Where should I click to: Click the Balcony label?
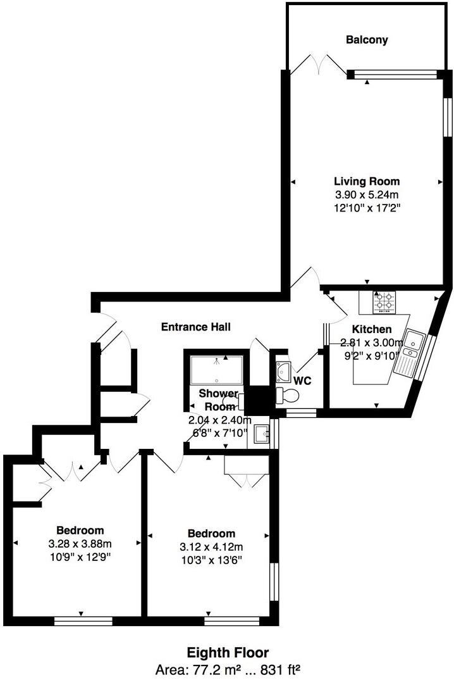(367, 40)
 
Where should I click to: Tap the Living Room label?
(367, 182)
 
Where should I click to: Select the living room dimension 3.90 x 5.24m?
(367, 195)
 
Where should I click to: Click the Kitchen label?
(372, 329)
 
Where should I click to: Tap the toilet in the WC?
(290, 396)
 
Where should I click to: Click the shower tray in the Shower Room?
(217, 368)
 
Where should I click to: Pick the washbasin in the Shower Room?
(261, 435)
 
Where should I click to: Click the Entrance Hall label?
(195, 327)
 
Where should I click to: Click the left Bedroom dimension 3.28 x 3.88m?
(80, 544)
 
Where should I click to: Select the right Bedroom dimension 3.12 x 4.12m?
(211, 547)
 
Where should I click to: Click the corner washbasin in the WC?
(283, 369)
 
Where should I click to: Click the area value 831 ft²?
(278, 669)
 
